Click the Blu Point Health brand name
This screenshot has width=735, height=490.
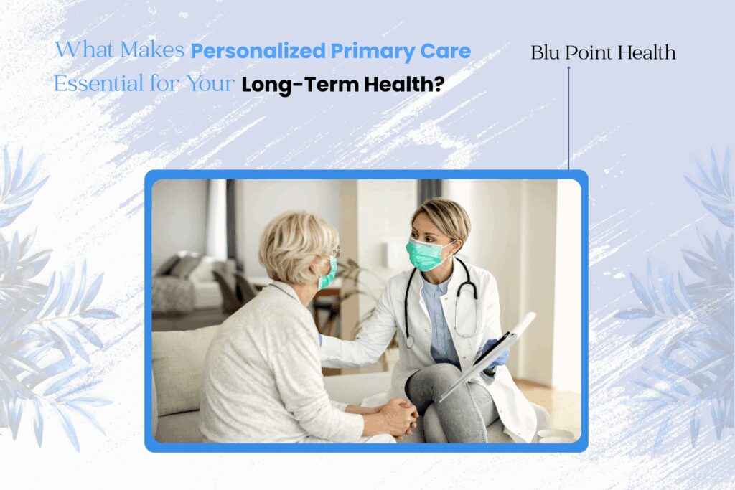point(603,53)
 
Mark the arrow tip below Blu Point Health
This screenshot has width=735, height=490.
point(568,68)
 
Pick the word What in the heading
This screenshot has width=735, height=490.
point(85,52)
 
